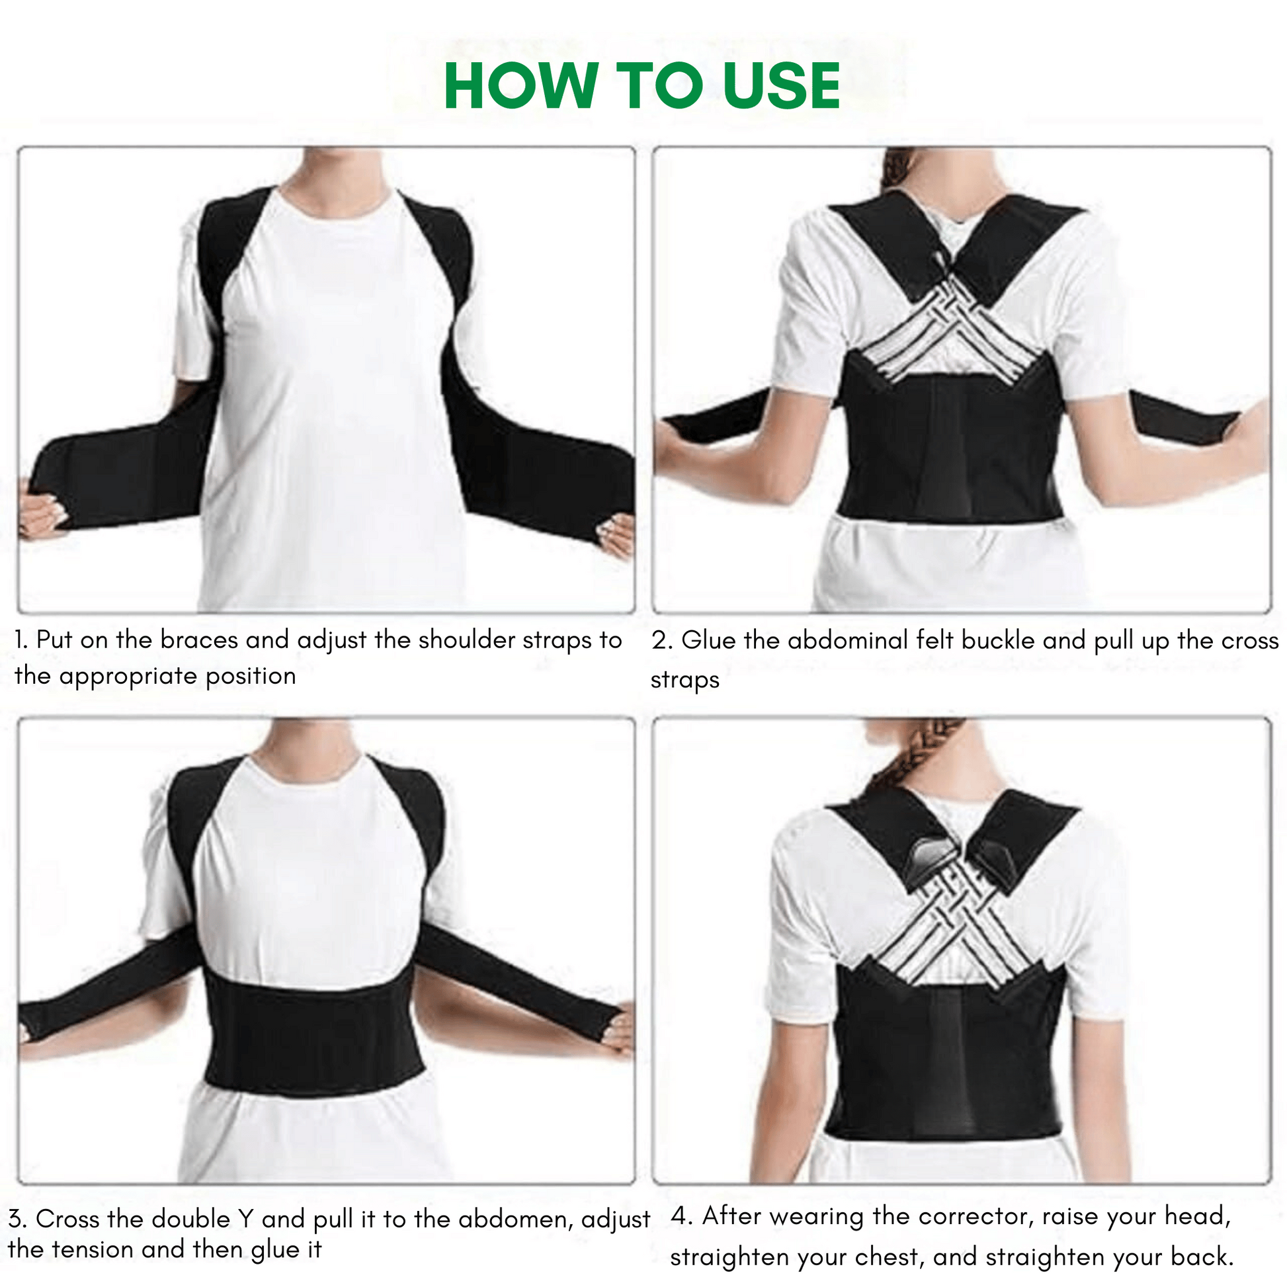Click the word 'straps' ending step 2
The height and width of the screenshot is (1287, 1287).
coord(685,680)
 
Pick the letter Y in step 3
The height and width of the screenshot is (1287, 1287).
coord(247,1219)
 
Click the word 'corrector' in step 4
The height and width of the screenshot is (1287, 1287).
coord(977,1216)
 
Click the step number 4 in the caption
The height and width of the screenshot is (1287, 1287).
coord(679,1216)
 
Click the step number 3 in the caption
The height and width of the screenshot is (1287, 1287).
coord(17,1219)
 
